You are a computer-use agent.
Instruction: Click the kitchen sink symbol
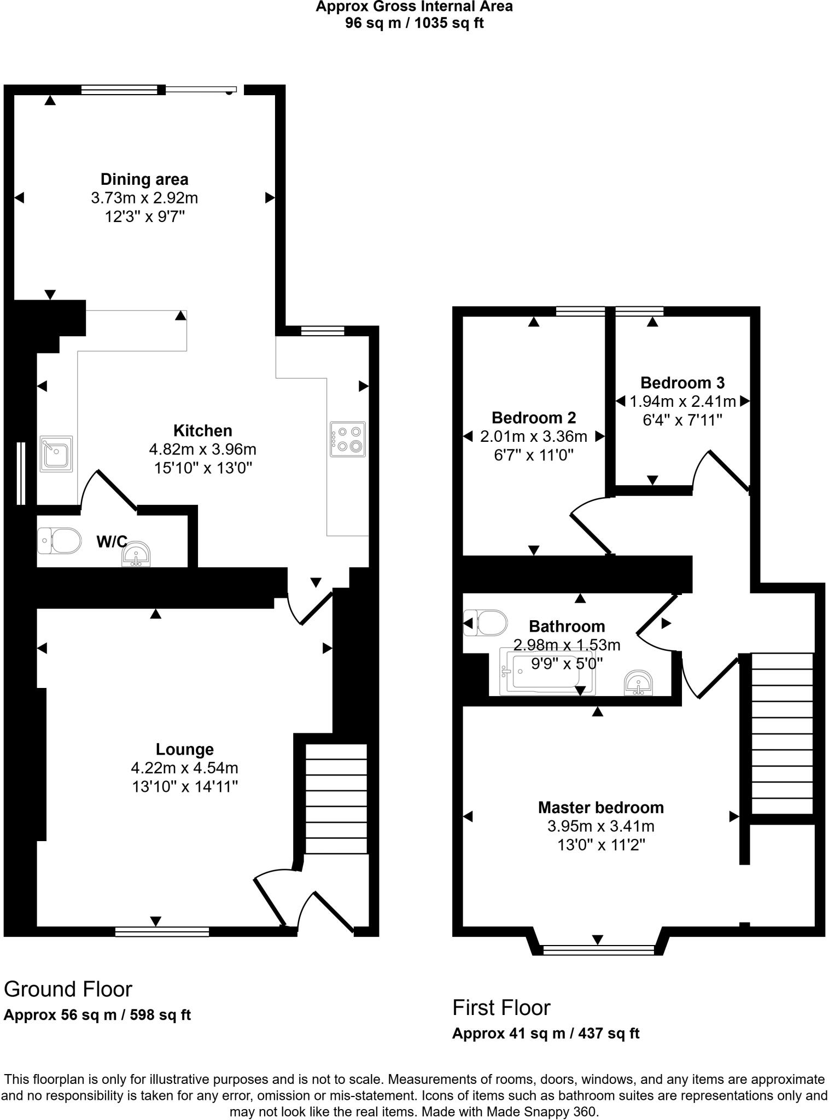pyautogui.click(x=56, y=454)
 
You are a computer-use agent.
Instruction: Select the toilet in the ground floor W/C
pyautogui.click(x=59, y=541)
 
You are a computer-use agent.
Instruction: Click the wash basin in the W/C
pyautogui.click(x=135, y=555)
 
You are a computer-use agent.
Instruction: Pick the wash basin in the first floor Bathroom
pyautogui.click(x=638, y=682)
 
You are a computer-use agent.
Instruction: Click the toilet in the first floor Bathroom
pyautogui.click(x=486, y=622)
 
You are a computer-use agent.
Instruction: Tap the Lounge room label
pyautogui.click(x=184, y=749)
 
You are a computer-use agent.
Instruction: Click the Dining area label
pyautogui.click(x=144, y=179)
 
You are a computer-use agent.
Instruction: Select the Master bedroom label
pyautogui.click(x=600, y=807)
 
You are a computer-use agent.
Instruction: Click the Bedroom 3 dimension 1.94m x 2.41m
pyautogui.click(x=682, y=401)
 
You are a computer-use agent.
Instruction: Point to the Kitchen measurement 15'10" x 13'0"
pyautogui.click(x=202, y=468)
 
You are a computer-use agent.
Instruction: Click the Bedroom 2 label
pyautogui.click(x=534, y=418)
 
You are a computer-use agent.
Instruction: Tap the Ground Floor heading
pyautogui.click(x=68, y=989)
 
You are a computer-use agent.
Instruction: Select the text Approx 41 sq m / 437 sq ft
pyautogui.click(x=545, y=1034)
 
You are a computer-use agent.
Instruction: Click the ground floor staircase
pyautogui.click(x=335, y=798)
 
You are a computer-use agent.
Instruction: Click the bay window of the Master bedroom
pyautogui.click(x=598, y=950)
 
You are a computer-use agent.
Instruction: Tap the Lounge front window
pyautogui.click(x=162, y=932)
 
